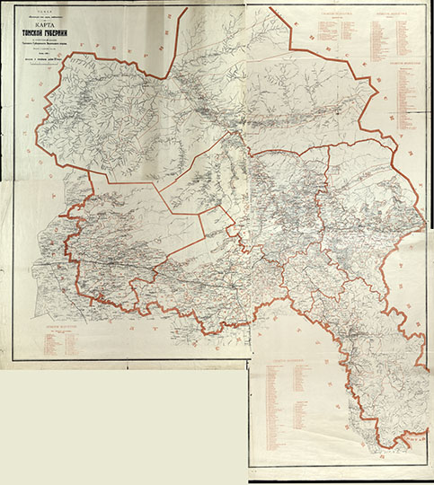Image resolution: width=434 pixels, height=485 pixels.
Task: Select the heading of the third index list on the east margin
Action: click(x=395, y=66)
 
